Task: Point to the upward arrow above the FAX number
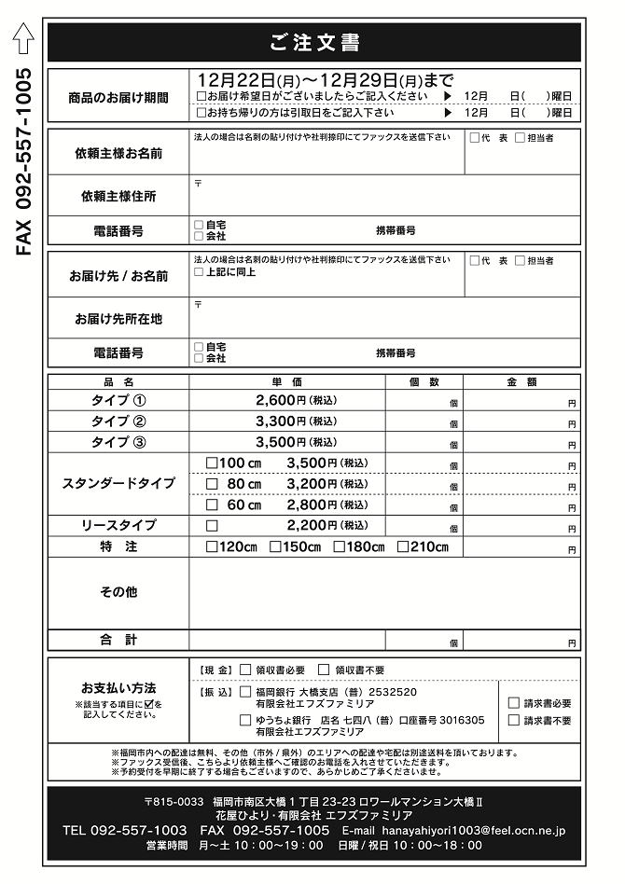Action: point(24,38)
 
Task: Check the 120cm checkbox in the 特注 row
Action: point(212,547)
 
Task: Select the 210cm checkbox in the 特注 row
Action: point(403,547)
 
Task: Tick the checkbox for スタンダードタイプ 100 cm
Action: point(212,463)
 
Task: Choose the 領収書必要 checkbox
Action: point(245,670)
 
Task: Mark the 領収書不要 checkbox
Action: point(324,670)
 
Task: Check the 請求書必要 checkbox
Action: point(514,703)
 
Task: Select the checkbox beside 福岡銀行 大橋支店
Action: point(245,693)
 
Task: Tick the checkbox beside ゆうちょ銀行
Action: point(245,720)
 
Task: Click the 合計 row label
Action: point(118,640)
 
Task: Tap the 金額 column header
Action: point(521,381)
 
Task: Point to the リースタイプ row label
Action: point(118,525)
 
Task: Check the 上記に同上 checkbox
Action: point(198,272)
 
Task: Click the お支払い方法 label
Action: point(118,687)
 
